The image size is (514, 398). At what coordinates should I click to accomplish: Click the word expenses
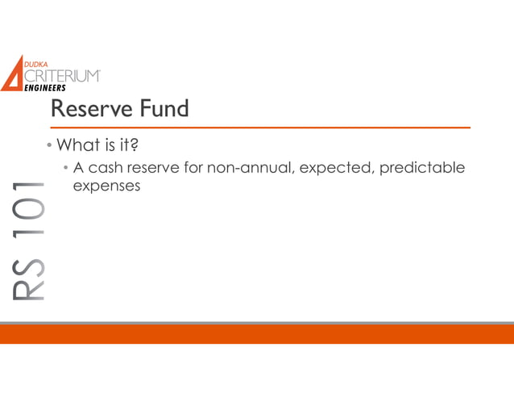tap(106, 186)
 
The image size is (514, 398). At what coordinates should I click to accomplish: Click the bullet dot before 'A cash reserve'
tap(67, 170)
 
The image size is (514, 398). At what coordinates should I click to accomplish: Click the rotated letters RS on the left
tap(29, 279)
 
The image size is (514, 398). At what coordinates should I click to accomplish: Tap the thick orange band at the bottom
tap(257, 333)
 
